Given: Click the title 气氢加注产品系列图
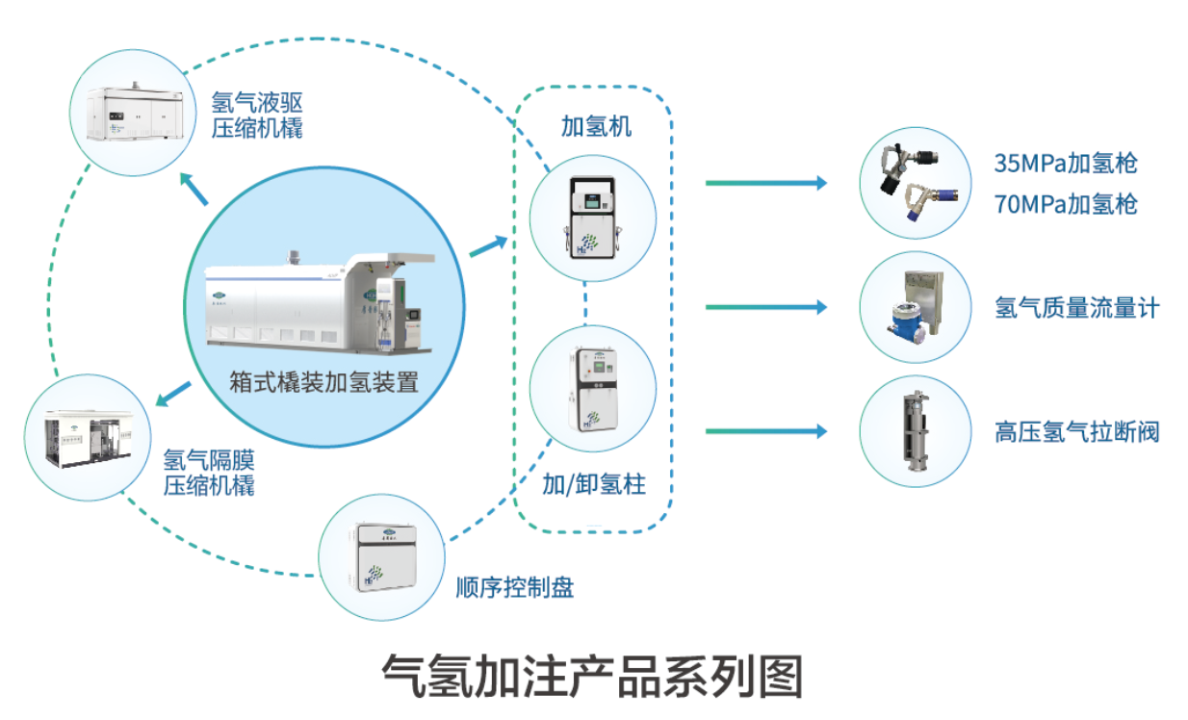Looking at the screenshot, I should tap(592, 677).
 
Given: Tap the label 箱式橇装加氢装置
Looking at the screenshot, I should tap(323, 382).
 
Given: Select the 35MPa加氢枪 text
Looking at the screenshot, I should tap(1066, 163).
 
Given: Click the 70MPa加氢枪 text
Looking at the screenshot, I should tap(1066, 204).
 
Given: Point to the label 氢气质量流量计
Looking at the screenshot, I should tap(1076, 308).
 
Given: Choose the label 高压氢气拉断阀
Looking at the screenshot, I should tap(1076, 430).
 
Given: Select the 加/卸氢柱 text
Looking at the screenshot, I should tap(594, 484).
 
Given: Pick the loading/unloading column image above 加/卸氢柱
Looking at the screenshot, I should tap(592, 388).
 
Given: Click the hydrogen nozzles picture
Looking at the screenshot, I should tap(914, 182).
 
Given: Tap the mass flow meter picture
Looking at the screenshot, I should tap(914, 307).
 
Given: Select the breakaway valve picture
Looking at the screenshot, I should tap(914, 430).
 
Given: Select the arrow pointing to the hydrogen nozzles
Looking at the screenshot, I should tap(765, 182).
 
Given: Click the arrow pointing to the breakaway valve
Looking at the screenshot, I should tap(765, 431).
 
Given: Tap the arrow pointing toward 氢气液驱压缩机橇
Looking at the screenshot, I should tap(194, 190).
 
